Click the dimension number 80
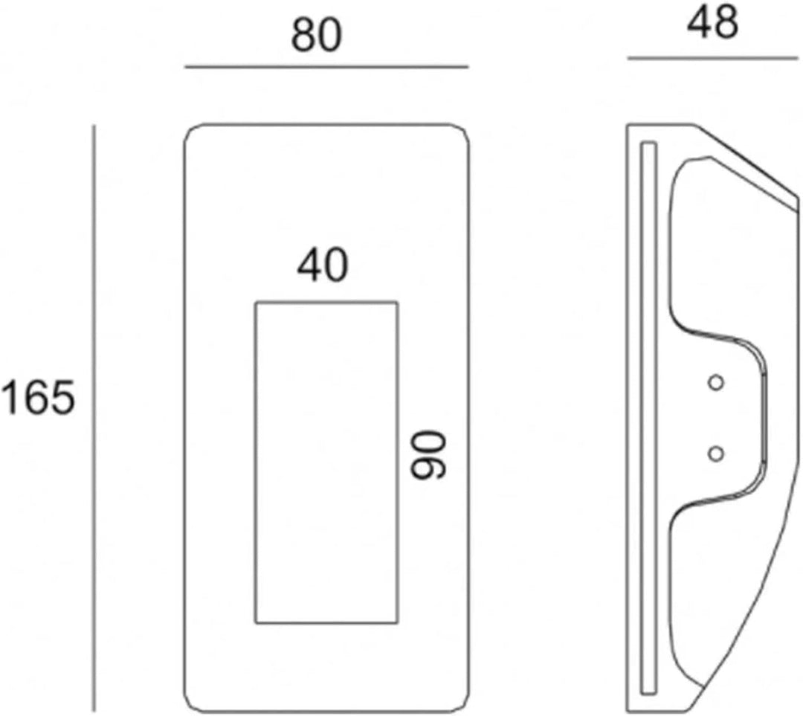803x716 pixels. coord(316,36)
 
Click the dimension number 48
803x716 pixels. coord(712,23)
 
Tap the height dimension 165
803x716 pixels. coord(39,398)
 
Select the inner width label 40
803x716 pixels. coord(323,265)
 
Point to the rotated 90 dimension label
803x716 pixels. coord(430,455)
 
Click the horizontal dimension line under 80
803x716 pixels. coord(326,67)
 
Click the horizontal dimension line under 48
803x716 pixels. coord(713,59)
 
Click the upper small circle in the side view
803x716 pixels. coord(716,383)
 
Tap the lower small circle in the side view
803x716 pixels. coord(716,454)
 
